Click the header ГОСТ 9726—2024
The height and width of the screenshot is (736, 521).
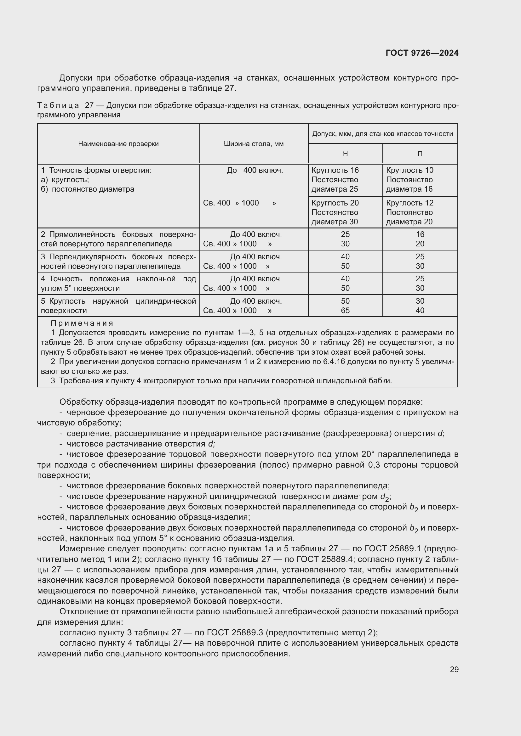422,53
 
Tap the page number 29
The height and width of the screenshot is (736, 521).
454,669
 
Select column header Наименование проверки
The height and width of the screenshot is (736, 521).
118,144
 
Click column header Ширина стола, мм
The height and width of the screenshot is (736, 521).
254,144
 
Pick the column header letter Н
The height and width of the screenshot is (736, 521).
345,154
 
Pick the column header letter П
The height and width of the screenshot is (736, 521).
420,154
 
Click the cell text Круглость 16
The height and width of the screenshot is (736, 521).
335,170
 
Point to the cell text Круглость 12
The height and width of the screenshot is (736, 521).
409,203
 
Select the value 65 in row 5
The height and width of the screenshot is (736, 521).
345,310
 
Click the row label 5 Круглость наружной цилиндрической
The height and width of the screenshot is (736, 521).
118,301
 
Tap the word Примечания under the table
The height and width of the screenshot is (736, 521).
82,323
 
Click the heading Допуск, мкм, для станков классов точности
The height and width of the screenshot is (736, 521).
382,134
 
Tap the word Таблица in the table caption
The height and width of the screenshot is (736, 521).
58,105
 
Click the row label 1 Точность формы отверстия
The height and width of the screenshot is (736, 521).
96,170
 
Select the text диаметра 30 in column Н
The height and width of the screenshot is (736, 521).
335,222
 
